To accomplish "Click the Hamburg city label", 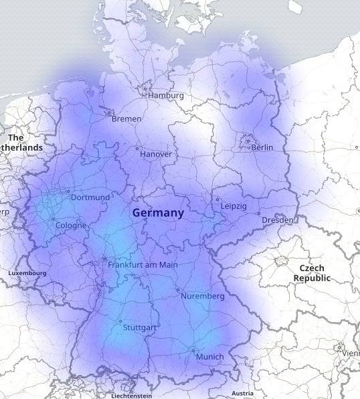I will pos(166,96).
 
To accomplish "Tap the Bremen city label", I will pos(126,119).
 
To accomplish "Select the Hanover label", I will pos(156,155).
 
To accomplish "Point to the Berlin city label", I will pos(262,147).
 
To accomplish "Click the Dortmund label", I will pos(90,197).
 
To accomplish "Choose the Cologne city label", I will pos(71,226).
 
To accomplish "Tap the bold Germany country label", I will pos(158,213).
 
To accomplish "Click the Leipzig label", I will pos(234,206).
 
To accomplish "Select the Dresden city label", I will pos(278,220).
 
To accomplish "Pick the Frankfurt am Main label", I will pos(143,265).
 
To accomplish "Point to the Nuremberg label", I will pos(203,296).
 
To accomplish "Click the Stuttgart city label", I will pos(140,328).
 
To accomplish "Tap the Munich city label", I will pos(210,357).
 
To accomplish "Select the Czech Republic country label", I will pos(312,272).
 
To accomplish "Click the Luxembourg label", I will pos(27,273).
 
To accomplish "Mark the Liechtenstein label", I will pos(136,396).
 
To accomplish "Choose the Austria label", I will pos(242,394).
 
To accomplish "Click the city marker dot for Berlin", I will pos(248,141).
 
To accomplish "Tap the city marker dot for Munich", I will pos(193,350).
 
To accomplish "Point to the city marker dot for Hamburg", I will pos(145,88).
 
